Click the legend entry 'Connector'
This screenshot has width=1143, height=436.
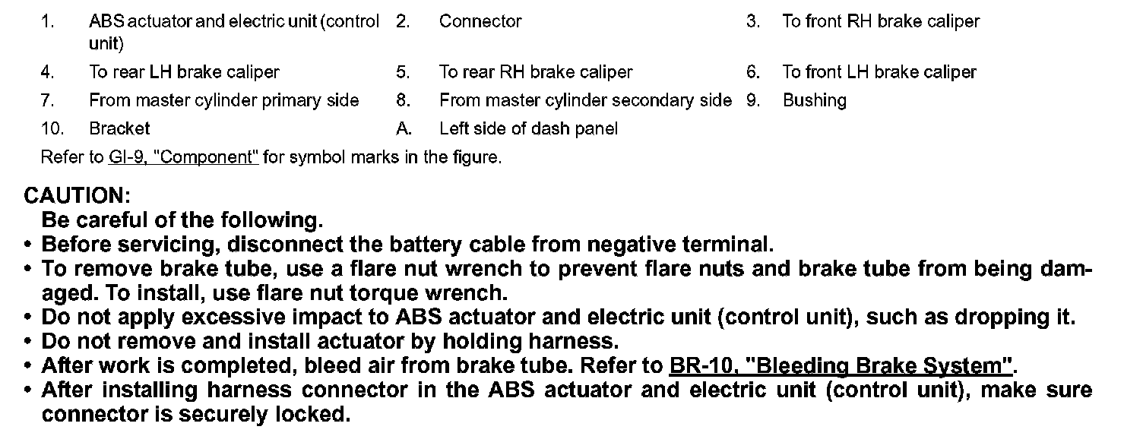[480, 21]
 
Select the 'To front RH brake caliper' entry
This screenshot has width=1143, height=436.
[881, 21]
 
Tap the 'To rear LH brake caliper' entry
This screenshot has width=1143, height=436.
[184, 72]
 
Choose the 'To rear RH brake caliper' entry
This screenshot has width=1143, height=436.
[535, 72]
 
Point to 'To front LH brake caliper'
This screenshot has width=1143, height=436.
[879, 72]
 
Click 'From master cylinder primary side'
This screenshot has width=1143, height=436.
[223, 100]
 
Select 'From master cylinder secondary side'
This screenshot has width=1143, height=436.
[585, 100]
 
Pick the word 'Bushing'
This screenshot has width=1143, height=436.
[814, 100]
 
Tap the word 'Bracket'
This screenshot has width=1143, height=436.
[119, 128]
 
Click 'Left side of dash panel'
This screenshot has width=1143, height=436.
[528, 128]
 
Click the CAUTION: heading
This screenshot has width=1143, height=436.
[78, 195]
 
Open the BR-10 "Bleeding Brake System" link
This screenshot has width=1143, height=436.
[841, 366]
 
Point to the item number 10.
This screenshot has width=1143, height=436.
[52, 128]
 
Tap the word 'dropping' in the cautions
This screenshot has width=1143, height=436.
[1002, 318]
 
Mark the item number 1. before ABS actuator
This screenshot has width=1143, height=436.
[47, 21]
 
